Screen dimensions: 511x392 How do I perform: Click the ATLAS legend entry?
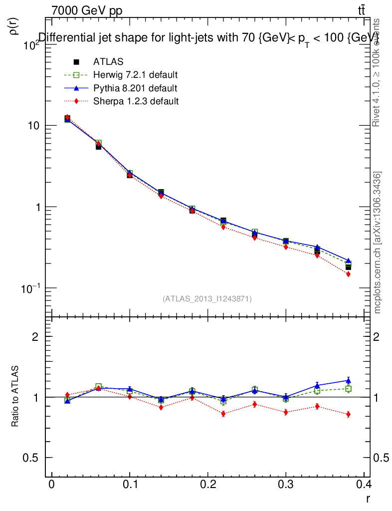(x=108, y=62)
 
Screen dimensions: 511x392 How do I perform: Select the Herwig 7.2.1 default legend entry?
(x=135, y=75)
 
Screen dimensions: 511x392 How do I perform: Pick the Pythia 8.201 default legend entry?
(x=135, y=88)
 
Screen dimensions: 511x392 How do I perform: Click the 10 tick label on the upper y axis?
(x=34, y=126)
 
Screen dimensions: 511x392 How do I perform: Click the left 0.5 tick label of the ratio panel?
(x=31, y=458)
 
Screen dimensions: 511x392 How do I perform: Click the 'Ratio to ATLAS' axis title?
(x=15, y=397)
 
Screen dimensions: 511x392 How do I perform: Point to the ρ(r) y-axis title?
(x=14, y=26)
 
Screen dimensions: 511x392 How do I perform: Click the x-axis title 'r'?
(x=368, y=498)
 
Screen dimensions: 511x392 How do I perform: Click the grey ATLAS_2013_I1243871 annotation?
(x=207, y=298)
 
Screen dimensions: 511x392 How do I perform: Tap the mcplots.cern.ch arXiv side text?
(x=378, y=243)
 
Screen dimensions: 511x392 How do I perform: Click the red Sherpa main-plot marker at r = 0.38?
(x=348, y=274)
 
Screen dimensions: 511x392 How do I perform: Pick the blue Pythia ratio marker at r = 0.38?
(x=348, y=381)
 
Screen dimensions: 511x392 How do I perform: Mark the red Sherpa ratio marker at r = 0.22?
(x=223, y=414)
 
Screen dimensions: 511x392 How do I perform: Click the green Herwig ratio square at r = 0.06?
(x=98, y=387)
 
